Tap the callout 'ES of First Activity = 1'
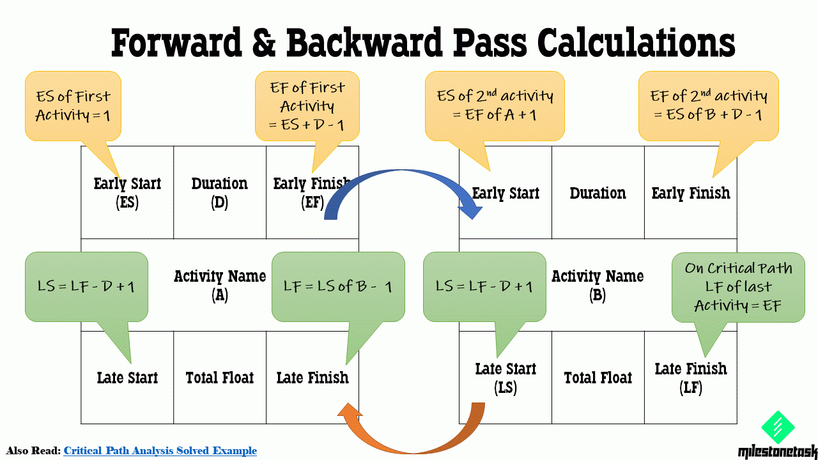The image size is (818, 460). pyautogui.click(x=73, y=105)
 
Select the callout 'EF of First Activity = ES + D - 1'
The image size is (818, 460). pyautogui.click(x=307, y=105)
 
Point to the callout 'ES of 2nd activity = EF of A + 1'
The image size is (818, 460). pyautogui.click(x=495, y=105)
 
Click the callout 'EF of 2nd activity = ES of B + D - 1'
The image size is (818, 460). pyautogui.click(x=708, y=105)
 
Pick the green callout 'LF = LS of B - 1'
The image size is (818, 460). pyautogui.click(x=338, y=286)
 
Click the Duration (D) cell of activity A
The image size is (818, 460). pyautogui.click(x=220, y=192)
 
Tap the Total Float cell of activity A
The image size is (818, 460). pyautogui.click(x=220, y=378)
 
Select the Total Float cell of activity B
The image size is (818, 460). pyautogui.click(x=598, y=378)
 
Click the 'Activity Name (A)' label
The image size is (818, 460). pyautogui.click(x=220, y=285)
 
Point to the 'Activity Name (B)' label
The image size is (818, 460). pyautogui.click(x=598, y=285)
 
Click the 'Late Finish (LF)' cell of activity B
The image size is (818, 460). pyautogui.click(x=690, y=378)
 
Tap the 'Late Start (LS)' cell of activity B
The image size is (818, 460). pyautogui.click(x=505, y=378)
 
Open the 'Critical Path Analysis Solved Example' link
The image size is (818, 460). pyautogui.click(x=160, y=451)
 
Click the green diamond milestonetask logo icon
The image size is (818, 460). pyautogui.click(x=778, y=427)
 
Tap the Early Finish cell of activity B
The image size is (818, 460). pyautogui.click(x=690, y=193)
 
